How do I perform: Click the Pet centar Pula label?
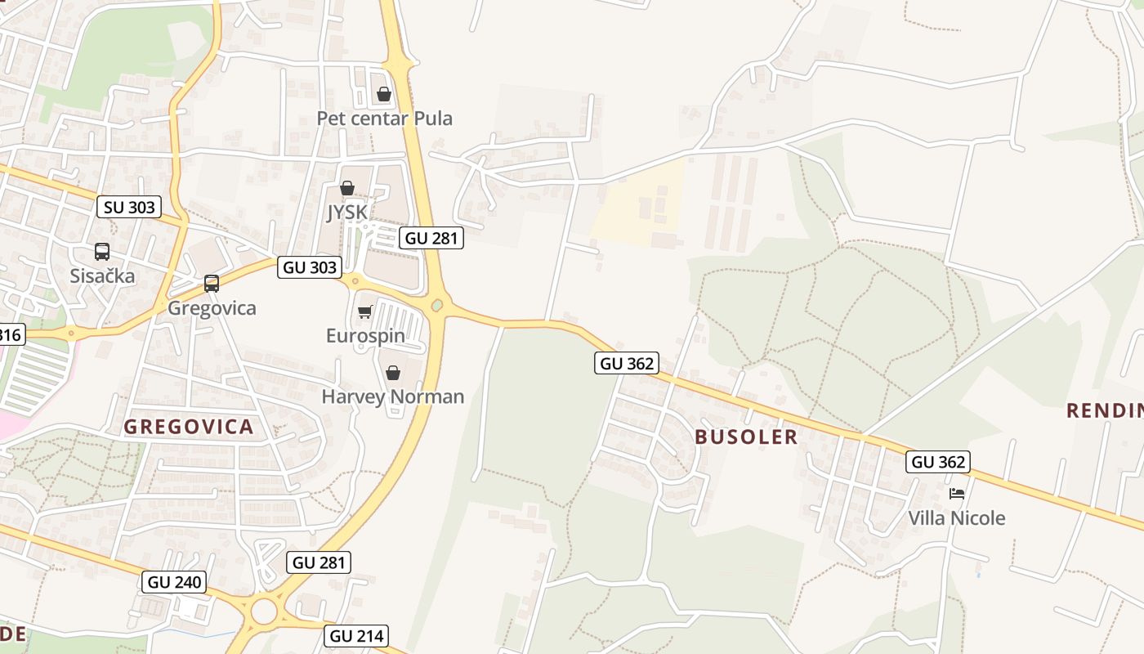[384, 119]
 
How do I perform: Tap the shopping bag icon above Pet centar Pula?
[384, 94]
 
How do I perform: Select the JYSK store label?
[346, 213]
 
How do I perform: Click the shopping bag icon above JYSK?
[347, 188]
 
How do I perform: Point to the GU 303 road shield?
[309, 267]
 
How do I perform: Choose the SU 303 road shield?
[129, 207]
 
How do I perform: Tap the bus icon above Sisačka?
[102, 252]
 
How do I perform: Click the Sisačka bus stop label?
[102, 275]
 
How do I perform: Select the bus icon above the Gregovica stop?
[212, 284]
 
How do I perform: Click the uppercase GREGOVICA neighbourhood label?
[189, 427]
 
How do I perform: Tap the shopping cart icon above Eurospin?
[365, 311]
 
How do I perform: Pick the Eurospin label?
[365, 336]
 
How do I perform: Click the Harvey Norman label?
[393, 397]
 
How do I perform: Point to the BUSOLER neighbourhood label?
[746, 437]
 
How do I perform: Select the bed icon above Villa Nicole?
[957, 494]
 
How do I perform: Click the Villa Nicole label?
[957, 518]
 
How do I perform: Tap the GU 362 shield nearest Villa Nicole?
[938, 462]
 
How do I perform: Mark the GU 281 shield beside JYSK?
[431, 238]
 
